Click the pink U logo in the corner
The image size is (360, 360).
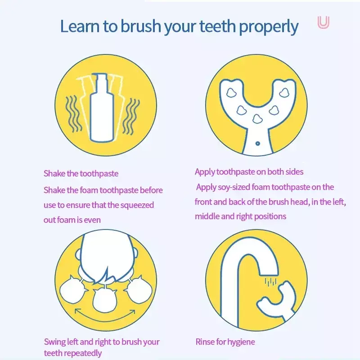[323, 22]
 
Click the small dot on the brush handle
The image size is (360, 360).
[257, 144]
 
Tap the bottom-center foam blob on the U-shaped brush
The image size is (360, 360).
[257, 118]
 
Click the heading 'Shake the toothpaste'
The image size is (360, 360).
[81, 173]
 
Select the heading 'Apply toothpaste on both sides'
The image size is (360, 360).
[249, 172]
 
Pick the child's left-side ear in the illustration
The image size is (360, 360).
[78, 254]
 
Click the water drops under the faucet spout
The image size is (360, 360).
[271, 282]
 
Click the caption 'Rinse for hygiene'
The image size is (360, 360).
[225, 342]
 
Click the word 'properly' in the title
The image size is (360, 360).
[269, 27]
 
